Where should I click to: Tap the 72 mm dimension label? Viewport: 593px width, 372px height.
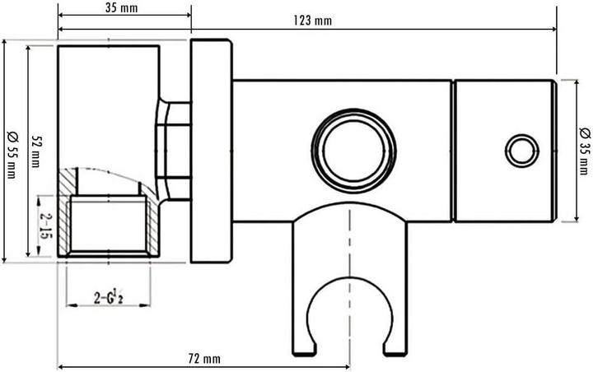coord(203,359)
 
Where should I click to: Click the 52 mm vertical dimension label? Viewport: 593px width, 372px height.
coord(36,151)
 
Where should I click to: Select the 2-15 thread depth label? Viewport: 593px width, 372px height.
coord(46,226)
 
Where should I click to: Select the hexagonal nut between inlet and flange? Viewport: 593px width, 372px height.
coord(175,151)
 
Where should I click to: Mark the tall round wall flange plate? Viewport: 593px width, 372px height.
coord(211,151)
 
